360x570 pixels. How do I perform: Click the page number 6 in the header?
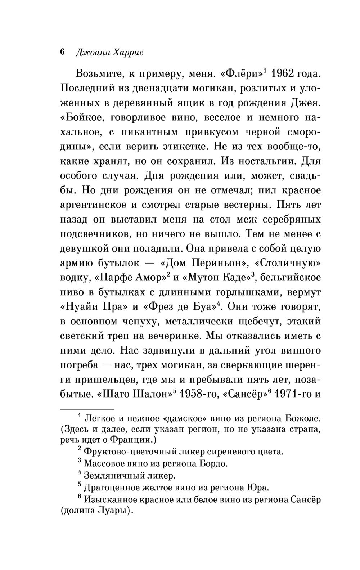(62, 52)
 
